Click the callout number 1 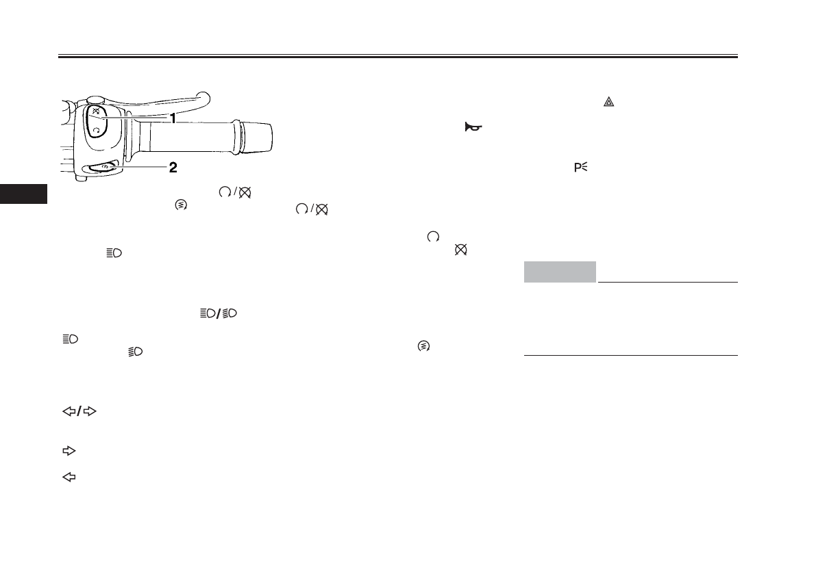[x=173, y=119]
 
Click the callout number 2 [x=173, y=167]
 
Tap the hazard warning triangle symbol [x=608, y=102]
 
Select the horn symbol [x=473, y=127]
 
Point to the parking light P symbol [x=581, y=167]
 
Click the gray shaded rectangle [x=560, y=272]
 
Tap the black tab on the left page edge [x=23, y=194]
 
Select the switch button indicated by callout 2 [x=103, y=167]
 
